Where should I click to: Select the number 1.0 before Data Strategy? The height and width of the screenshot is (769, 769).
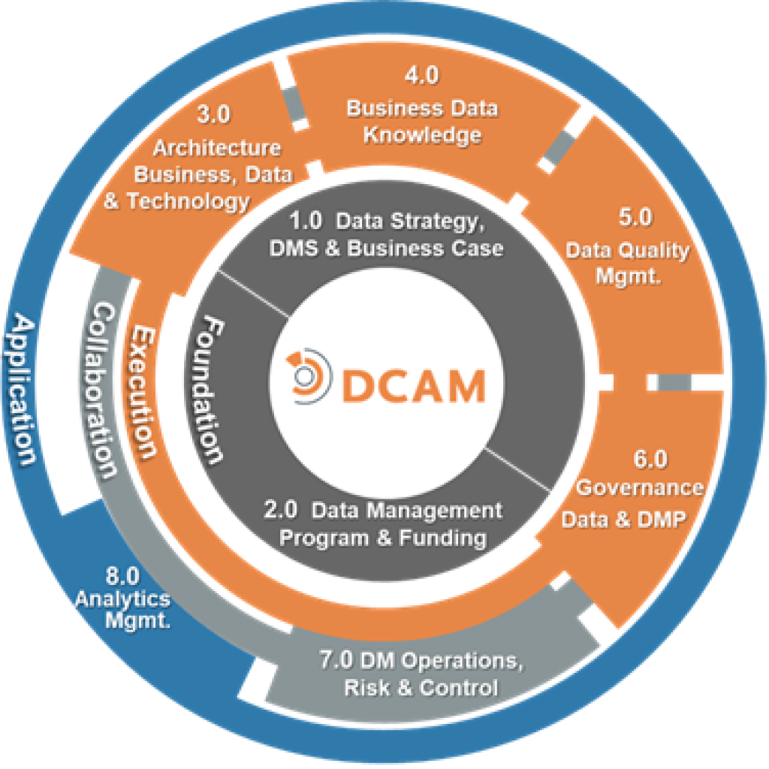point(306,222)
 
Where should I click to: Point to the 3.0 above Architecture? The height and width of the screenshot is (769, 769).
point(214,115)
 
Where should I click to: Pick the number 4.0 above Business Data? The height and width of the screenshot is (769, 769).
point(421,76)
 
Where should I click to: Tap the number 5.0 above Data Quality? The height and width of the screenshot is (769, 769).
point(635,218)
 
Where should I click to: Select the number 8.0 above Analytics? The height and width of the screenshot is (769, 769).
point(122,578)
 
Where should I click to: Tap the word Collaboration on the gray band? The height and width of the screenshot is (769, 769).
point(103,391)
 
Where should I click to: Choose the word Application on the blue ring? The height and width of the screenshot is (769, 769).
point(25,390)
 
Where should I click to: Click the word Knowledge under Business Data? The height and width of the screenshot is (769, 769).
point(423,136)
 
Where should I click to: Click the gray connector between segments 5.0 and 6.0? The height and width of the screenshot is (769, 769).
point(674,383)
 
